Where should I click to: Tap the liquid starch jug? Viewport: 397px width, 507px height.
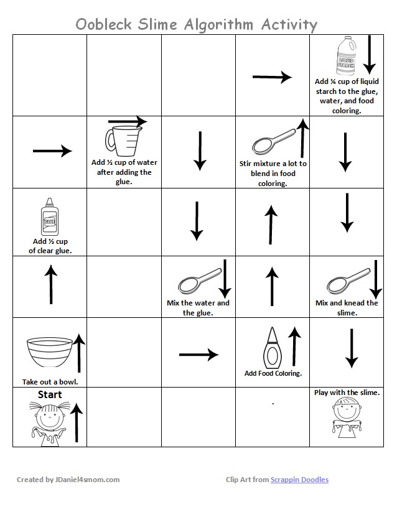click(345, 56)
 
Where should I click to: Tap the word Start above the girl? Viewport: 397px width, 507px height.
click(50, 394)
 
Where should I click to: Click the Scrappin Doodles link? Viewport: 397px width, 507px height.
click(299, 480)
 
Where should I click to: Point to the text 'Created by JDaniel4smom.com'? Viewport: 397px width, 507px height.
click(68, 480)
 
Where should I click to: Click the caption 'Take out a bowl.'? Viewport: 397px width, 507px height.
click(50, 381)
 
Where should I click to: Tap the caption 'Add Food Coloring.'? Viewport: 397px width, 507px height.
click(273, 373)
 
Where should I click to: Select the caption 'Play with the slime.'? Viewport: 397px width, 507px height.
click(347, 393)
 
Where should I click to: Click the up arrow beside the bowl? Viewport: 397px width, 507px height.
click(79, 352)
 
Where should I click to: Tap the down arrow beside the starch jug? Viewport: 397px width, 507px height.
click(369, 54)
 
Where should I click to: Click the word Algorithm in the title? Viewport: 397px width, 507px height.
click(218, 24)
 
